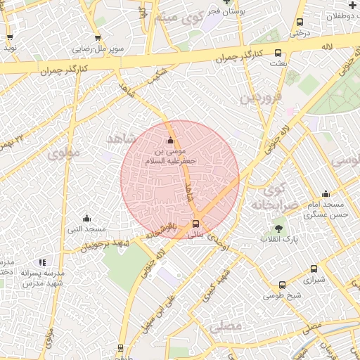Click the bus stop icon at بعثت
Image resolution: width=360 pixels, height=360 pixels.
pyautogui.click(x=278, y=53)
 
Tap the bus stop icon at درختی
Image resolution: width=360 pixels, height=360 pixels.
pyautogui.click(x=301, y=22)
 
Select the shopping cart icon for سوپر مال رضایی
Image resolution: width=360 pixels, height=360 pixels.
pyautogui.click(x=97, y=39)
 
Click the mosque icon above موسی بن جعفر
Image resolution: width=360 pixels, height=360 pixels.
pyautogui.click(x=170, y=140)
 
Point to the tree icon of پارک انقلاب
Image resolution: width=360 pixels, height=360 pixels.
pyautogui.click(x=278, y=229)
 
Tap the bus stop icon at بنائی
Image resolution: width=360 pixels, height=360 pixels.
pyautogui.click(x=195, y=224)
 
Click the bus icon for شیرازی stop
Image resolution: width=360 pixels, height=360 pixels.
pyautogui.click(x=314, y=269)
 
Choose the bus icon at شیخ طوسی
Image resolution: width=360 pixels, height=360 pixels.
pyautogui.click(x=282, y=285)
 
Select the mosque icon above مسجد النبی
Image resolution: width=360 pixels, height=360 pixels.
pyautogui.click(x=86, y=218)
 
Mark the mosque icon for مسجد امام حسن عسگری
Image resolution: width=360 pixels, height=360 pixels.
pyautogui.click(x=326, y=194)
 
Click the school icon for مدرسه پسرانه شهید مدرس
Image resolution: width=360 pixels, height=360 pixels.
pyautogui.click(x=42, y=262)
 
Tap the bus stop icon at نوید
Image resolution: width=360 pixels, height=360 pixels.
pyautogui.click(x=10, y=38)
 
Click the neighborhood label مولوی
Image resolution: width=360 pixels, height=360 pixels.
pyautogui.click(x=63, y=153)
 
